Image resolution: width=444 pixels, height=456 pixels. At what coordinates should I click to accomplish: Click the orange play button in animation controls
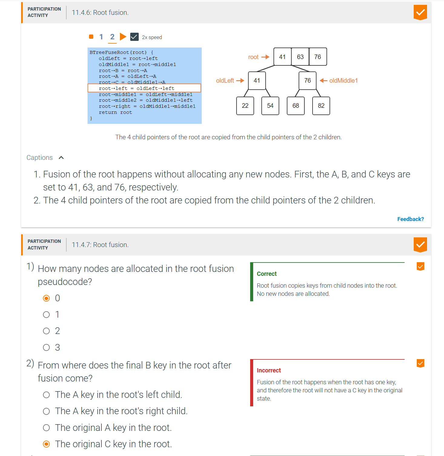point(123,37)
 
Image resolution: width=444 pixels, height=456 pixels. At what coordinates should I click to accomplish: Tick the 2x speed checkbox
point(134,37)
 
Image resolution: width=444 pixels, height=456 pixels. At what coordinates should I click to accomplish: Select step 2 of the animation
point(112,37)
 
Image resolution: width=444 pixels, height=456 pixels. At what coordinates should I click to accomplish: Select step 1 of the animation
point(101,37)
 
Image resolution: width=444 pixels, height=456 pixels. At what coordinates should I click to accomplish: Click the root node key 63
point(300,57)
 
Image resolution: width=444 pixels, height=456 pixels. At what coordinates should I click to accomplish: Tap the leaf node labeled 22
point(245,106)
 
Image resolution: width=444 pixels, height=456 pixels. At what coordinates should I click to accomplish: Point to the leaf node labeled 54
point(270,106)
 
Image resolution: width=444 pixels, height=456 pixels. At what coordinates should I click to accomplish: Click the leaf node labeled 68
point(296,106)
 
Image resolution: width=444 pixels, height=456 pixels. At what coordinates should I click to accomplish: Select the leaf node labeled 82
point(321,106)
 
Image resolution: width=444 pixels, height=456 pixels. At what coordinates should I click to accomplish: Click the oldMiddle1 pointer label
point(343,81)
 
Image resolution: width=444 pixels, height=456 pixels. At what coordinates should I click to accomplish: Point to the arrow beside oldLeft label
point(240,81)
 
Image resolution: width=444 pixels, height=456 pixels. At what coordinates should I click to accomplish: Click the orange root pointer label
point(253,57)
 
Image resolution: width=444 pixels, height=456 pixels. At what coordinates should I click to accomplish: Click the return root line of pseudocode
point(115,112)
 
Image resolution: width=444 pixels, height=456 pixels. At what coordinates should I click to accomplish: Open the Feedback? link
point(410,219)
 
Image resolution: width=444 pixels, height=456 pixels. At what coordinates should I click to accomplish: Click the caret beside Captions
point(61,157)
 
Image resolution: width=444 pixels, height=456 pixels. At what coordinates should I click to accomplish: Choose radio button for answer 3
point(46,347)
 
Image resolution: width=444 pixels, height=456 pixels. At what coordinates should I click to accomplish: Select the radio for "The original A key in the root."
point(46,428)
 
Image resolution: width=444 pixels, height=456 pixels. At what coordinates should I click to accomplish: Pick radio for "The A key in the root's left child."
point(46,395)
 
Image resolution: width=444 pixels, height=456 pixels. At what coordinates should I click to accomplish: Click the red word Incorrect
point(269,370)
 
